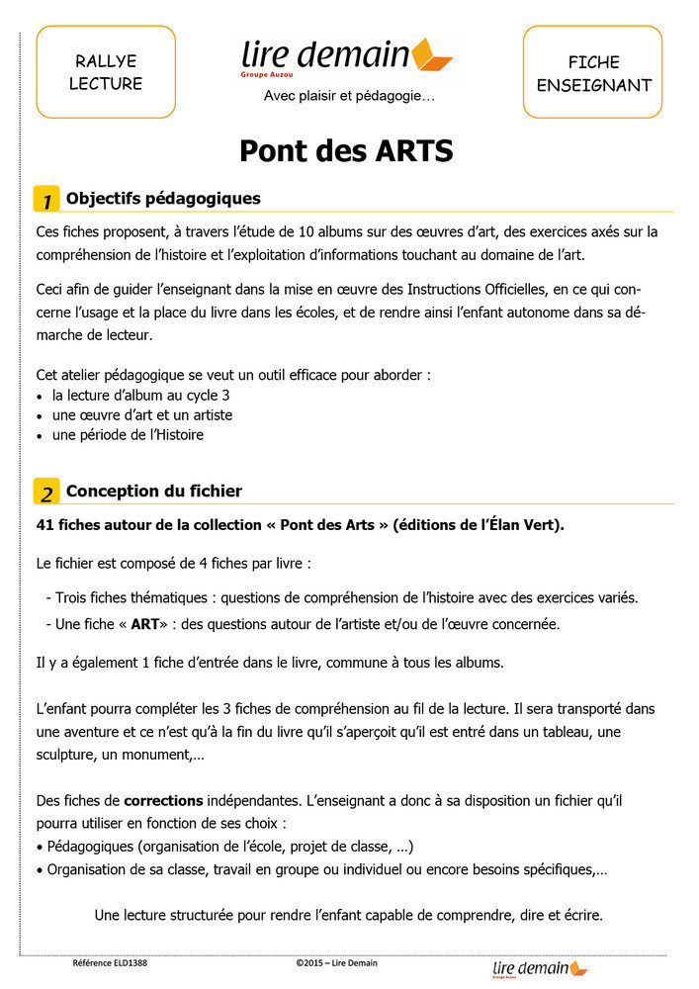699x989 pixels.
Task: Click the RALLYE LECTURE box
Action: coord(106,72)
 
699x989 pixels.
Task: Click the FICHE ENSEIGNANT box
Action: coord(593,73)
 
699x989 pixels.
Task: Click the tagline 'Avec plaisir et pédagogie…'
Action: coord(348,96)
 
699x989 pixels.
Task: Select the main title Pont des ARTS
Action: coord(346,151)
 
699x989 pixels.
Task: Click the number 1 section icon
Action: coord(46,199)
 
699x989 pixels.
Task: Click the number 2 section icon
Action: coord(46,492)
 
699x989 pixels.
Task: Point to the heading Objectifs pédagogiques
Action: coord(163,199)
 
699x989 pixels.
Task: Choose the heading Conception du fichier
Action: coord(154,492)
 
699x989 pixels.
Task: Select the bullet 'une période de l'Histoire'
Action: coord(128,434)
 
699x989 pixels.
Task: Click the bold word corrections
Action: coord(163,799)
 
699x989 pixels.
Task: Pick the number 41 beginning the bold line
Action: coord(44,525)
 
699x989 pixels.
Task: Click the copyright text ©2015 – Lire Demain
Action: coord(336,962)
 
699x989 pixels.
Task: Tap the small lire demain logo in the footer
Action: coord(540,967)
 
